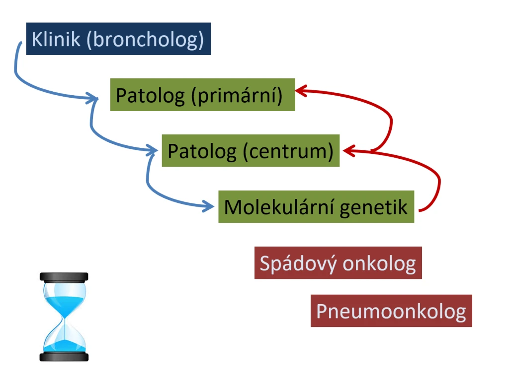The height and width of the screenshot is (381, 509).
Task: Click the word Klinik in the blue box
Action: click(56, 39)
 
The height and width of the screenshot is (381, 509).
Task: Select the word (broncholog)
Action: click(146, 40)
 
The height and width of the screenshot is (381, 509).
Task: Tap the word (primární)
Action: click(237, 96)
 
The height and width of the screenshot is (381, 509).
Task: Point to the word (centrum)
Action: click(288, 152)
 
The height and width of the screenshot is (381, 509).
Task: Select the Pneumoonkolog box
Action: click(391, 311)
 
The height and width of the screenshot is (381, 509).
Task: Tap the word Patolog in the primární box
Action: click(150, 96)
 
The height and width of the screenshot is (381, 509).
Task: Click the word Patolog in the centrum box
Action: click(202, 152)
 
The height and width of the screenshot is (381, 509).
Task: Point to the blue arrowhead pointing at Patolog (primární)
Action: click(92, 98)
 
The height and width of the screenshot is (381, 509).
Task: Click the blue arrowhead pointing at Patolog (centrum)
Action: click(152, 150)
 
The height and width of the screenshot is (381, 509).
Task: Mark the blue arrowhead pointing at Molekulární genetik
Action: click(208, 206)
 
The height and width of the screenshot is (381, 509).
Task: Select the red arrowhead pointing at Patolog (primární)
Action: click(301, 91)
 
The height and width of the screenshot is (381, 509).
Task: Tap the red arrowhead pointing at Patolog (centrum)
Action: click(349, 151)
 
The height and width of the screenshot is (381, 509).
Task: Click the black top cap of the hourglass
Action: click(64, 277)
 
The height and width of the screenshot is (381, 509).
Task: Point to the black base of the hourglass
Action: click(64, 357)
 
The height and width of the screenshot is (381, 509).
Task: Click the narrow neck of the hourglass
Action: click(64, 319)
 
